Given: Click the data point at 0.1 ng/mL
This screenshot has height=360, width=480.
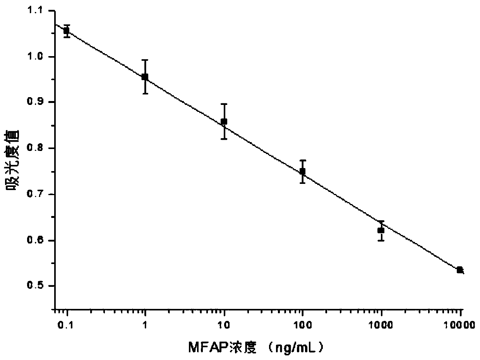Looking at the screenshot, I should (67, 31).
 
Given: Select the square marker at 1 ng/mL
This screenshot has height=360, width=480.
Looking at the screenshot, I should (145, 77).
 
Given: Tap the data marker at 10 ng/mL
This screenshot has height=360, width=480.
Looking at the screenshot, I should (224, 122).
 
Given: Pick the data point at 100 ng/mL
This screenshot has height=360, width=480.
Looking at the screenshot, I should (303, 171).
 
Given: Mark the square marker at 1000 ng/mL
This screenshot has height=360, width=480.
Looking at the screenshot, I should (381, 230).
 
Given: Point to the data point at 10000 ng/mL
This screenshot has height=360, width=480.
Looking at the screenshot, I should (459, 270).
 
